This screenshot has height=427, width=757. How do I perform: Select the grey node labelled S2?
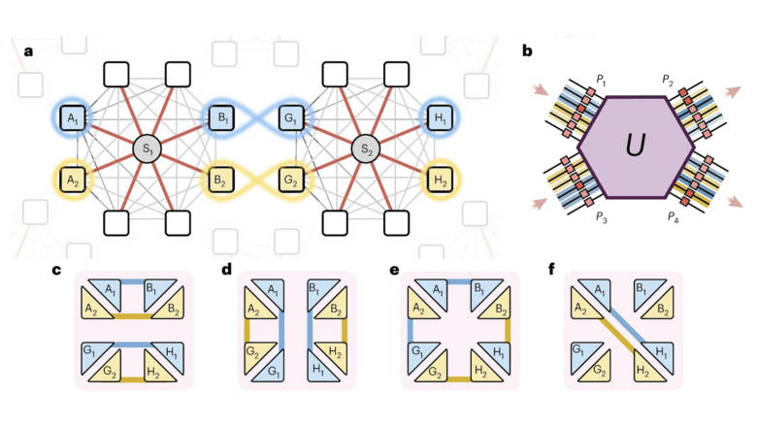(x=367, y=149)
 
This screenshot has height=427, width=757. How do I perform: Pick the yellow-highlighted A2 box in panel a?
(x=71, y=180)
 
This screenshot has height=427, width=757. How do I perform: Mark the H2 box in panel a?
(x=443, y=180)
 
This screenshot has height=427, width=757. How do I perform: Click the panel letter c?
(x=57, y=269)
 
